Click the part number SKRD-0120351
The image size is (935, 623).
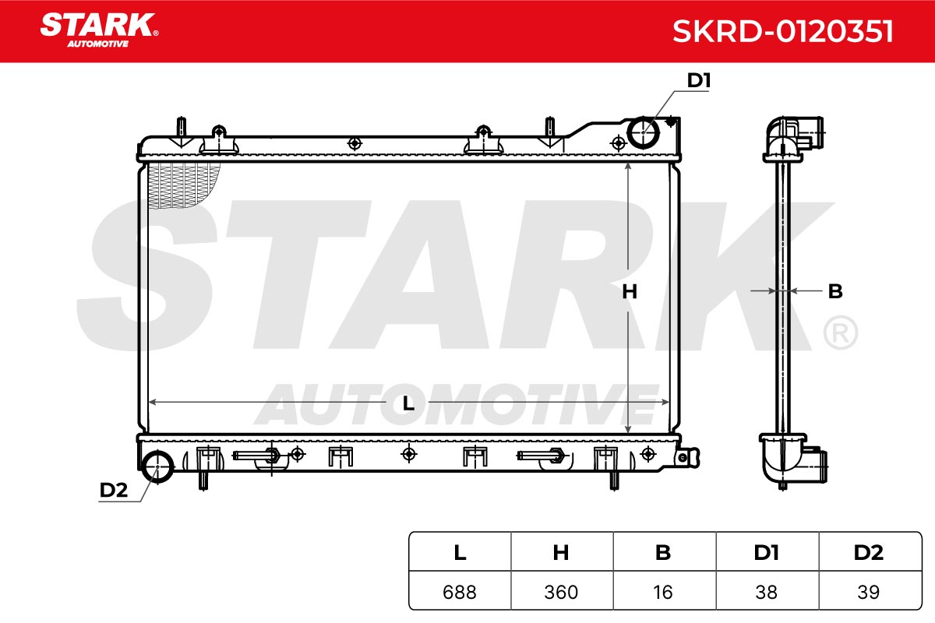tap(782, 31)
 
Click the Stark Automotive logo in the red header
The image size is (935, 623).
tap(100, 30)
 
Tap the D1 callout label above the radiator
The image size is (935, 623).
tap(699, 80)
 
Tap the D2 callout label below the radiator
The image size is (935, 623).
tap(114, 490)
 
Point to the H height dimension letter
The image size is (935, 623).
tap(630, 292)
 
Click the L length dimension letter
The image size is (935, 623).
tap(408, 403)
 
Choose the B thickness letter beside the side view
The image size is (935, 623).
tap(835, 291)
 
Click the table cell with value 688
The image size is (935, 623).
tap(460, 591)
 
